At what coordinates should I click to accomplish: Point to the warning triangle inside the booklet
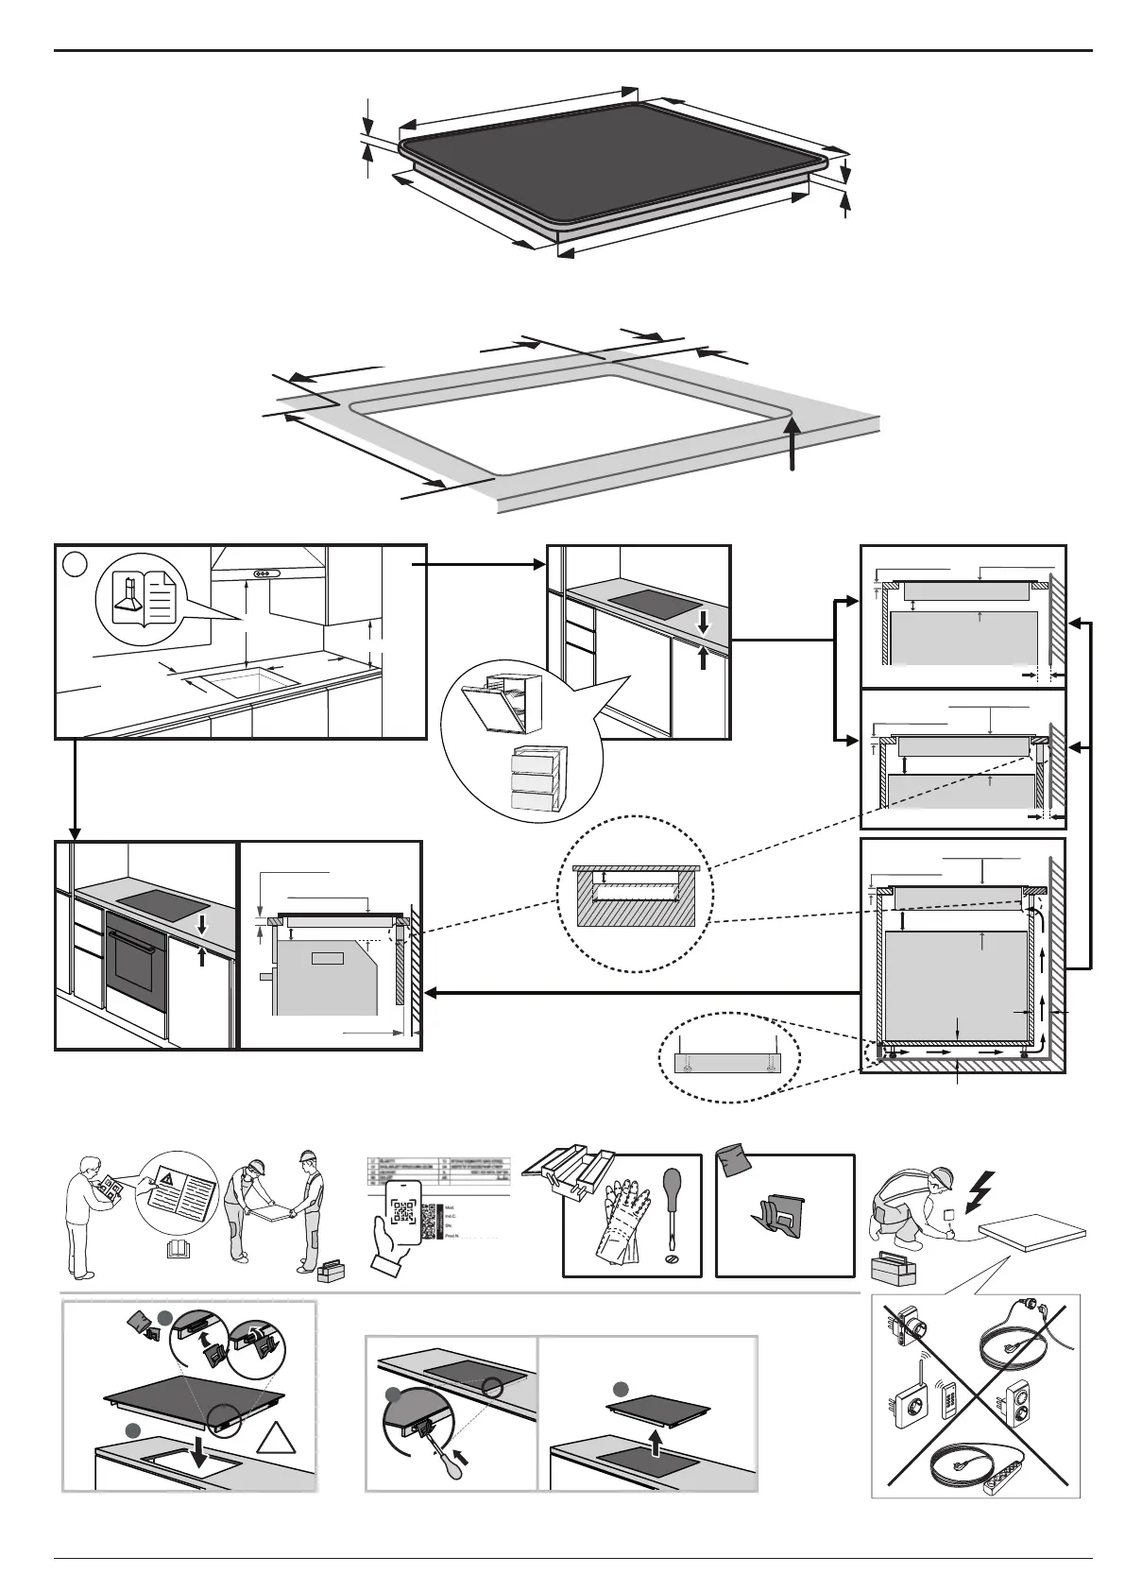pos(166,1178)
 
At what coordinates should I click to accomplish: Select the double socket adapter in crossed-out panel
pos(1017,1399)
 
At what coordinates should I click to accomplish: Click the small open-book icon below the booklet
pos(177,1251)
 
